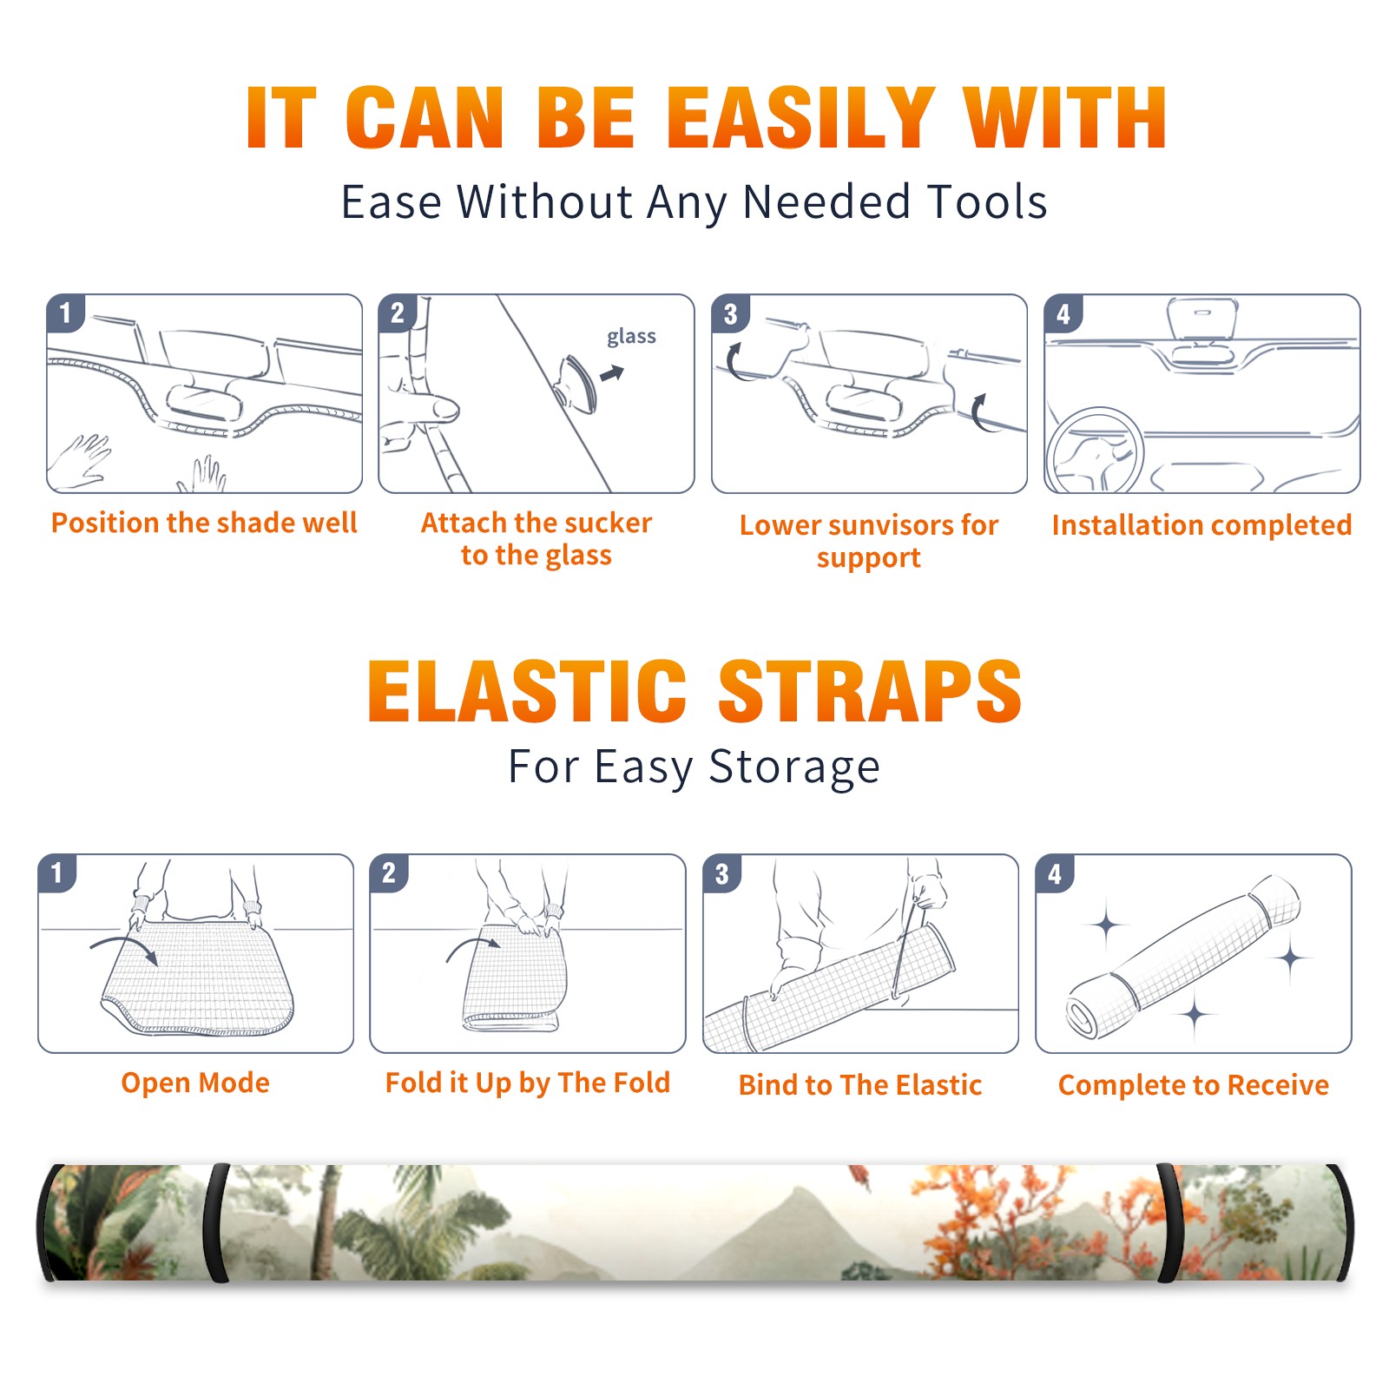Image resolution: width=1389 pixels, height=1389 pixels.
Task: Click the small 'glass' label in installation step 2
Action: pos(631,337)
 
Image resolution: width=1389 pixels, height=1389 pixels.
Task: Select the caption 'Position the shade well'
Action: pos(204,523)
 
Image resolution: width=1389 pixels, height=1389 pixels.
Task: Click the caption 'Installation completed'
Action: pos(1201,525)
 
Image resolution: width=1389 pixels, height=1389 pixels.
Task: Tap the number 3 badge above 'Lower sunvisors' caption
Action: pos(730,313)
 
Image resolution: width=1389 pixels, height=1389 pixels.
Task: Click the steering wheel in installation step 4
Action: pos(1094,451)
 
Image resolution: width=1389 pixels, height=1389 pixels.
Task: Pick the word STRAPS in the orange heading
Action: pos(870,691)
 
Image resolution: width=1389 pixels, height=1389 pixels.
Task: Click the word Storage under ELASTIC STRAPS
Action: pos(794,767)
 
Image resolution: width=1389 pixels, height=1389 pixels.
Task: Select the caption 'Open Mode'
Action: pos(195,1083)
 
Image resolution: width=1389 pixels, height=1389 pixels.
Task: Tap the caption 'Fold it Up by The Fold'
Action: pos(528,1083)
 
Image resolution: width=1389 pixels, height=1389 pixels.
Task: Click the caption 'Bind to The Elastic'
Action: pos(860,1085)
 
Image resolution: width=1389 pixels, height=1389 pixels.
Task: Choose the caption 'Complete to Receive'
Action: pos(1194,1085)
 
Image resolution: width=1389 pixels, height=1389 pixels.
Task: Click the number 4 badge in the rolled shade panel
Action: pos(1055,873)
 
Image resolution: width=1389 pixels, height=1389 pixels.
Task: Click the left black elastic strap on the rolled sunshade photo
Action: pos(215,1222)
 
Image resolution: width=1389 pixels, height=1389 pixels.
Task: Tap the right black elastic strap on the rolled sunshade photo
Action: pos(1170,1222)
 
